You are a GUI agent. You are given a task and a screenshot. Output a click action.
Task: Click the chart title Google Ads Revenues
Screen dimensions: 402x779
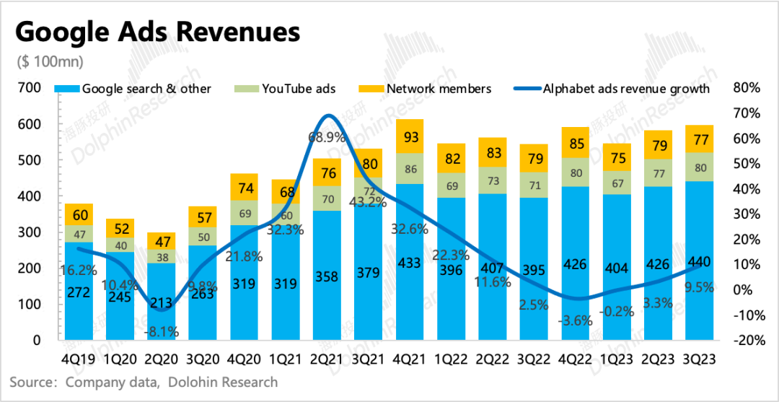(x=157, y=33)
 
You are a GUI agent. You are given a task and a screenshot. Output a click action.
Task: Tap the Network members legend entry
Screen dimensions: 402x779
(x=439, y=89)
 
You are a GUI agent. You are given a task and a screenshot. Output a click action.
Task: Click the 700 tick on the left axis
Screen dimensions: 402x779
(x=30, y=88)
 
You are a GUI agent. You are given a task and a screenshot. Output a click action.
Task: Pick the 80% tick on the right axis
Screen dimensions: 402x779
(x=746, y=88)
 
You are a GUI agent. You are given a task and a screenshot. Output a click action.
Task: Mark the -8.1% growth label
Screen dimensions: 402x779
(x=162, y=332)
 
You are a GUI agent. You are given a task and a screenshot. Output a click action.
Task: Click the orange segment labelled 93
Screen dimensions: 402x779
(x=410, y=136)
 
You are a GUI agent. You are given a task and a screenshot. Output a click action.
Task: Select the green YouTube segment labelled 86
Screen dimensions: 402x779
(x=410, y=170)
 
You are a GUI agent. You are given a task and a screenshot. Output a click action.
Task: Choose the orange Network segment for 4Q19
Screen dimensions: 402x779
(x=79, y=214)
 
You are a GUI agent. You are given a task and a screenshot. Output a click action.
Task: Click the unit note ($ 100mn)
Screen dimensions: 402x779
(x=49, y=61)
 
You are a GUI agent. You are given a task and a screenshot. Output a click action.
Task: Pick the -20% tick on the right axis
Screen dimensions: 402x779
(x=746, y=341)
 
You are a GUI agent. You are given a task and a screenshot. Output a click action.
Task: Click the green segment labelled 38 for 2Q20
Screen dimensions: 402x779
(x=162, y=257)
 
